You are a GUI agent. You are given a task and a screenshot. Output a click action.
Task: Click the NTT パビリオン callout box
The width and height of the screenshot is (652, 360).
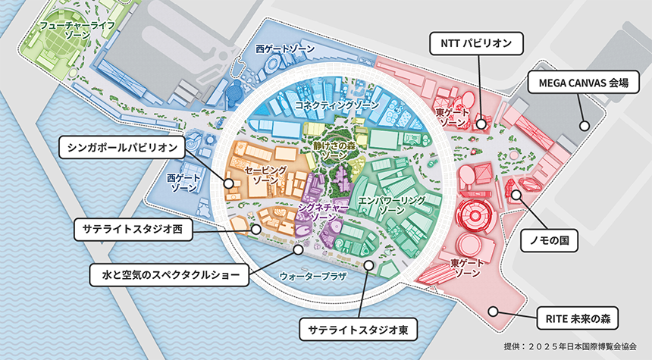477,44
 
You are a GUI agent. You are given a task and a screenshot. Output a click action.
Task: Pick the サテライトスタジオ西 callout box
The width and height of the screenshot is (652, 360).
133,228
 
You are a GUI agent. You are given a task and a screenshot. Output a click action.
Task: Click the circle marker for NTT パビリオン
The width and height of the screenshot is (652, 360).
481,122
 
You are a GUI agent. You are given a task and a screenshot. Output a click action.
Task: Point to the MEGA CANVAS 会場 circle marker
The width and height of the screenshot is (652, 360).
585,126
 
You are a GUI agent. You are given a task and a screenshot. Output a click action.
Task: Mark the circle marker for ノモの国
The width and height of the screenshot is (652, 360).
516,195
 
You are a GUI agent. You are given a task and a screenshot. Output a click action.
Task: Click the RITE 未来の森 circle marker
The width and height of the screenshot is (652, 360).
493,309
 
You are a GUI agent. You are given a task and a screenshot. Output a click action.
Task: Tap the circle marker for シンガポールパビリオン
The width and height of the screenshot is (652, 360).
228,183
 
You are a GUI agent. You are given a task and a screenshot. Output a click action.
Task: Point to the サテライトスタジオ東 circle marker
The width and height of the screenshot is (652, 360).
368,265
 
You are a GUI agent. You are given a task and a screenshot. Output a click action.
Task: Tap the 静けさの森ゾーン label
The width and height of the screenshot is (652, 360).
334,149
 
